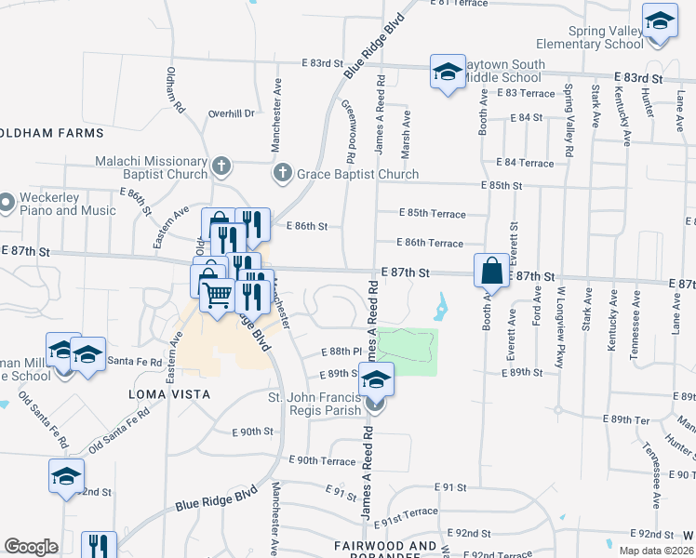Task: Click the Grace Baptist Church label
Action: [x=356, y=174]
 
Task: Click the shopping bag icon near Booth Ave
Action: [x=492, y=272]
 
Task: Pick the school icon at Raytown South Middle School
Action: [x=447, y=72]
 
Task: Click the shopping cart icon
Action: [x=218, y=296]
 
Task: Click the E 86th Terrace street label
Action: [x=429, y=243]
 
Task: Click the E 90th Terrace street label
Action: [x=322, y=460]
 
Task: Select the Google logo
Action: [x=31, y=547]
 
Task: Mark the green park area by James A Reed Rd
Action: [x=407, y=352]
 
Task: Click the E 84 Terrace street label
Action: [x=524, y=163]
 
